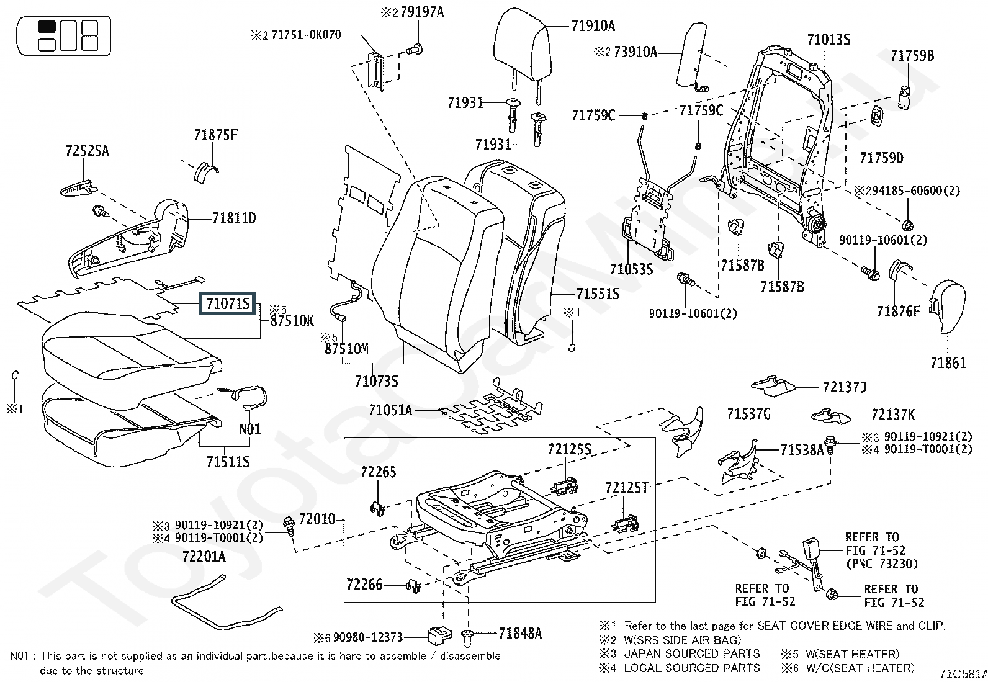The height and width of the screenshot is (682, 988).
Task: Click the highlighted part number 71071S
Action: click(228, 304)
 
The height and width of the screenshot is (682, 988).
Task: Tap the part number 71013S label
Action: click(828, 40)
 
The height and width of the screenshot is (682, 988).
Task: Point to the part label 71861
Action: click(948, 362)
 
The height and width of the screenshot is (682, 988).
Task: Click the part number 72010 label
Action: click(317, 519)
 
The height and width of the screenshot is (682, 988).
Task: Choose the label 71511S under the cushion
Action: click(228, 462)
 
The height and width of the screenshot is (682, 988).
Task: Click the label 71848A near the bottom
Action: click(520, 634)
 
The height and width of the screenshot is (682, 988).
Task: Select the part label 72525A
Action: click(87, 151)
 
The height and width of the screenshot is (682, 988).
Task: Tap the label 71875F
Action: click(215, 135)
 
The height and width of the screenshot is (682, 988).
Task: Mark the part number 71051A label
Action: click(390, 410)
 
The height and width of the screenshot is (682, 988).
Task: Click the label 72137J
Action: click(844, 387)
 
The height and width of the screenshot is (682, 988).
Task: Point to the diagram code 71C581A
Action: click(963, 673)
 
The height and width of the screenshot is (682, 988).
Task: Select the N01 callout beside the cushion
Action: click(250, 429)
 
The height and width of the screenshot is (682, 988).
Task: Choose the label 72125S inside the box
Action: click(569, 449)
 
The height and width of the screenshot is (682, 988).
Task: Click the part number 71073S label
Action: click(377, 380)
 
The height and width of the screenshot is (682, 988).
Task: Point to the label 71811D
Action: click(234, 218)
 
